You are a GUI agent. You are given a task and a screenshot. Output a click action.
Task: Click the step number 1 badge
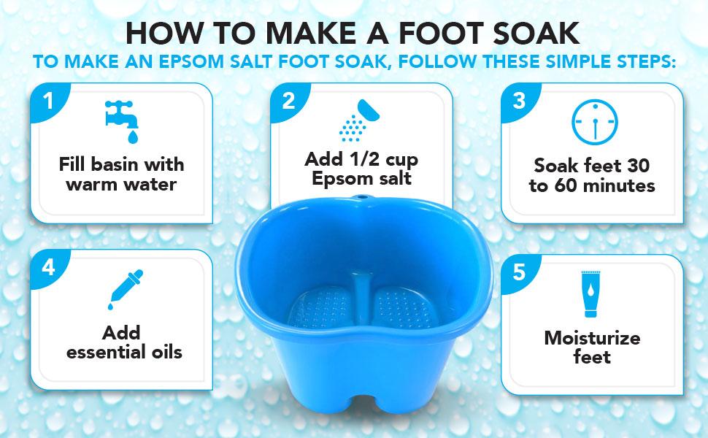point(49,101)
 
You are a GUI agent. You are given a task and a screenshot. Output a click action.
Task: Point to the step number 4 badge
point(49,268)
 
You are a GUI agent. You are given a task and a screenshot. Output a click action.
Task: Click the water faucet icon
point(120,120)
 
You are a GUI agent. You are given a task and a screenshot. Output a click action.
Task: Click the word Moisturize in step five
point(592,338)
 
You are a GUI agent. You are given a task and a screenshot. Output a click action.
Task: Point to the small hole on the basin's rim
point(359,199)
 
